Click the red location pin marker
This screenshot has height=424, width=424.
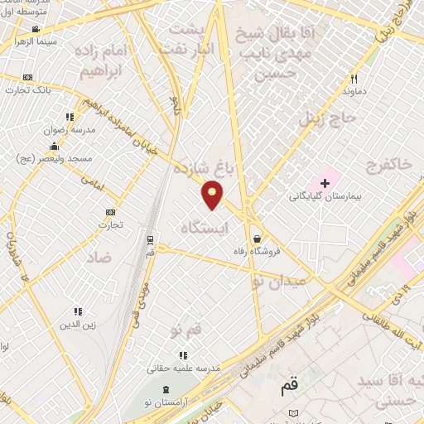[x=213, y=194]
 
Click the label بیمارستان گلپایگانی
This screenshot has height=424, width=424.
[x=324, y=197]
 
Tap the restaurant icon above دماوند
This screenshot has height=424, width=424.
[x=353, y=79]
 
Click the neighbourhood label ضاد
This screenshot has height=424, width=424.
[x=98, y=258]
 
